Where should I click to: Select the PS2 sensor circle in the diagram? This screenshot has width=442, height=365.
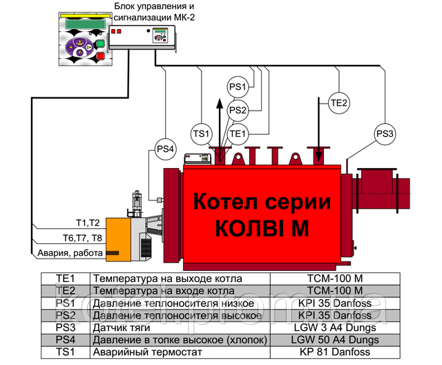238,110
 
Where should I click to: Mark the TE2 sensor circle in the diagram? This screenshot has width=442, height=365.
340,104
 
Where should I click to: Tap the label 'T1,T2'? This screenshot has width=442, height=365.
88,223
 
